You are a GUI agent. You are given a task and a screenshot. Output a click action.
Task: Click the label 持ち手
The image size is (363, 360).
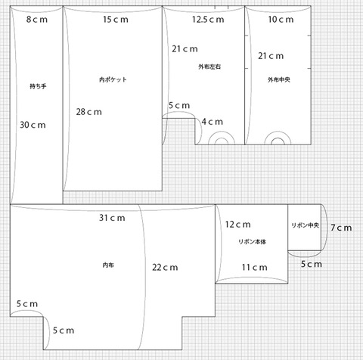pos(38,86)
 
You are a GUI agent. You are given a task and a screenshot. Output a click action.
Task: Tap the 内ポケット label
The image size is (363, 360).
pos(113,79)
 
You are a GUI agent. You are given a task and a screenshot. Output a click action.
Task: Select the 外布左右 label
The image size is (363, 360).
pos(209,67)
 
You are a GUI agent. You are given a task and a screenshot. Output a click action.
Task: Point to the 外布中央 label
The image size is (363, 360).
pos(279,79)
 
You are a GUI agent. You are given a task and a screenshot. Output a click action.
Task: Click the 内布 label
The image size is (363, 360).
pos(108,265)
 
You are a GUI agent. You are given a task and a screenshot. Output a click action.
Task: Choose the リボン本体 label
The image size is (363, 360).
pos(252,241)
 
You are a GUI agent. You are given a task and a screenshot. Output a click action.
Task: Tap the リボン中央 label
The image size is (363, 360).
pos(306,225)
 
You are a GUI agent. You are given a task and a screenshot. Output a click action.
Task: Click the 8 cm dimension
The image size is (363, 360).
pos(37,20)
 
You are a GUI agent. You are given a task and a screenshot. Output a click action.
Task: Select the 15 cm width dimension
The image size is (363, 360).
pos(116,20)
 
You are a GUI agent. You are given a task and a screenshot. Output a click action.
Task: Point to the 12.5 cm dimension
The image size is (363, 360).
pos(208,20)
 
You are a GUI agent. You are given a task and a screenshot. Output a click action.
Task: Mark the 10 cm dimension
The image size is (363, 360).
pos(281,20)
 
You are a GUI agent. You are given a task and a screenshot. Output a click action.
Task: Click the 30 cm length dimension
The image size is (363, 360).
pos(33,125)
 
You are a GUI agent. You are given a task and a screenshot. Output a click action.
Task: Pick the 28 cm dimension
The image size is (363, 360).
pos(89,112)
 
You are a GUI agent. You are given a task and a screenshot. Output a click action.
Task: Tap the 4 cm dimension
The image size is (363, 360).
pos(213,122)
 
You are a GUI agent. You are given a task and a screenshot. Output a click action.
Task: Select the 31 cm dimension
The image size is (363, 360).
pos(112,218)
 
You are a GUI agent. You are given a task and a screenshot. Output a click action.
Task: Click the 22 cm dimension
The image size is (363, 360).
pos(165,267)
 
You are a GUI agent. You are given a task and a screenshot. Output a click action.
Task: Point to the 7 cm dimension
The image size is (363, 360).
pos(341,228)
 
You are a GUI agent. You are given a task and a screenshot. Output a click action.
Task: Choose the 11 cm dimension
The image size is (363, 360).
pos(255,267)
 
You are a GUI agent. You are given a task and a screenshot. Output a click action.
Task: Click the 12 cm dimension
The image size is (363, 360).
pos(238,225)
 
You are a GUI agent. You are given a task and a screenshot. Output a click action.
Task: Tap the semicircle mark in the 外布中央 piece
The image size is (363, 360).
pos(278,132)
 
